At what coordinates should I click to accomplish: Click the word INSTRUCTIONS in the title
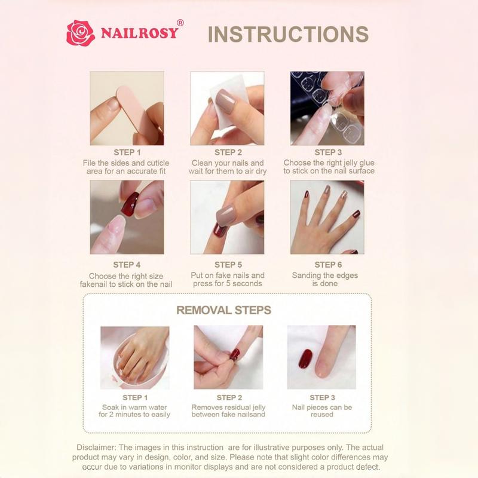pos(288,34)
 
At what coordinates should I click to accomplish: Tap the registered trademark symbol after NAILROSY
pos(180,22)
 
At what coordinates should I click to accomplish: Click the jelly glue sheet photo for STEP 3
pos(327,108)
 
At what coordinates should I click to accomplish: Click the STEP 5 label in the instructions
pos(228,265)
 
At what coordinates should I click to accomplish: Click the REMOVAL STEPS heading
pos(223,311)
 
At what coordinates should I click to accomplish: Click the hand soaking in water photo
pos(135,357)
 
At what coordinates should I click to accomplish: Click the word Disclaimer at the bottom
pos(98,448)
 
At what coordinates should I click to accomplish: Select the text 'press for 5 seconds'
pos(228,284)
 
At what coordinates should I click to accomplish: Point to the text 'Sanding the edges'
pos(325,275)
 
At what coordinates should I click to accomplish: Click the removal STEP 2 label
pos(229,397)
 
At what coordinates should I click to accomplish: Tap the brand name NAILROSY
pos(139,33)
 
